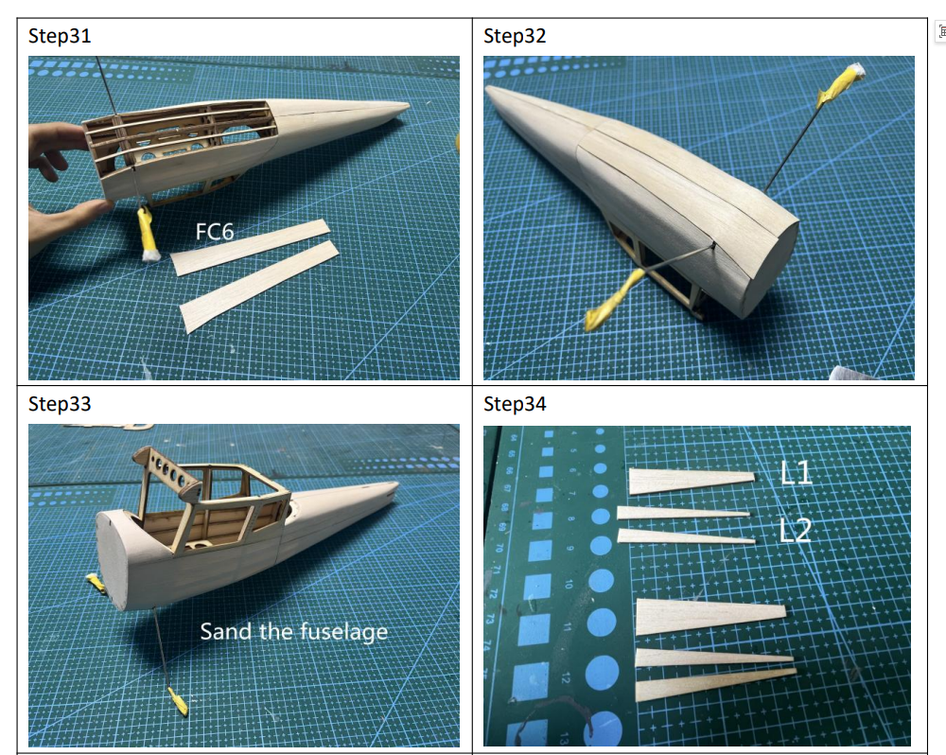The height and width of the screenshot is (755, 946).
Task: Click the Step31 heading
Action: pyautogui.click(x=60, y=36)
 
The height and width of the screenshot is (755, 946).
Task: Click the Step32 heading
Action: pyautogui.click(x=515, y=36)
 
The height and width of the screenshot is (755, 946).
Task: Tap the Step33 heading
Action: pyautogui.click(x=60, y=404)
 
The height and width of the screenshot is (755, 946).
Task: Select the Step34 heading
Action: pyautogui.click(x=515, y=404)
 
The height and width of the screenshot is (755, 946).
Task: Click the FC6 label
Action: pyautogui.click(x=215, y=232)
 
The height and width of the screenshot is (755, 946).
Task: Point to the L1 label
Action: pyautogui.click(x=797, y=471)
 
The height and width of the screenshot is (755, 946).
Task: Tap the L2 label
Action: pyautogui.click(x=797, y=530)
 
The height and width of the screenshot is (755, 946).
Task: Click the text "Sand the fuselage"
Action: pyautogui.click(x=293, y=631)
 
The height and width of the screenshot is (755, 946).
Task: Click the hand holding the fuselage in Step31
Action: pyautogui.click(x=52, y=189)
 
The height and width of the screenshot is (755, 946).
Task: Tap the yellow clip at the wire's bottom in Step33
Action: pyautogui.click(x=177, y=702)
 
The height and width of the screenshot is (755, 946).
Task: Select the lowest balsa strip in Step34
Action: pyautogui.click(x=714, y=683)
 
